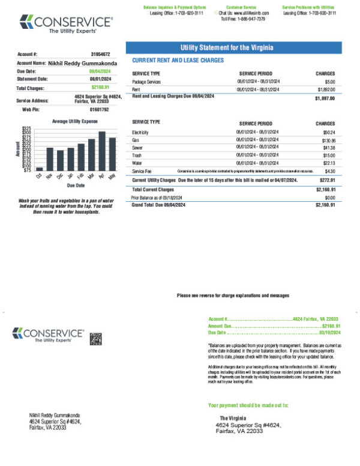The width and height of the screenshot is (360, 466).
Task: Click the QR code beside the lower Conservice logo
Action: pyautogui.click(x=96, y=339)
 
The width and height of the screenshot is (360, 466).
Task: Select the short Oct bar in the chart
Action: pyautogui.click(x=40, y=169)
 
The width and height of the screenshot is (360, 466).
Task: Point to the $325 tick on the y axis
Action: pyautogui.click(x=26, y=128)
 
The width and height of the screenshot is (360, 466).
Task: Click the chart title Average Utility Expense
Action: pyautogui.click(x=75, y=121)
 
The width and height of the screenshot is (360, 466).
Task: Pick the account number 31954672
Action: pyautogui.click(x=100, y=54)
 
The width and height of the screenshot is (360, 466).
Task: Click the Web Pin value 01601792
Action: pyautogui.click(x=99, y=110)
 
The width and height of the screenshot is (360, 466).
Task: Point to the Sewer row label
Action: pyautogui.click(x=138, y=148)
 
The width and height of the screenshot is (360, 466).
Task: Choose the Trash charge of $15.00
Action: pyautogui.click(x=329, y=156)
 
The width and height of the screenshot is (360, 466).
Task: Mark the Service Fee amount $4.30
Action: pyautogui.click(x=329, y=171)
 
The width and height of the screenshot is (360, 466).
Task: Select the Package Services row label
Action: pyautogui.click(x=148, y=81)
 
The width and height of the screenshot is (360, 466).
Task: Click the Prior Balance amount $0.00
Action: pyautogui.click(x=329, y=198)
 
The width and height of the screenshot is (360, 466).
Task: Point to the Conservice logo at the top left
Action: pyautogui.click(x=66, y=24)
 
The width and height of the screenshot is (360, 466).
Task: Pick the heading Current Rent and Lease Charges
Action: pyautogui.click(x=178, y=61)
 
